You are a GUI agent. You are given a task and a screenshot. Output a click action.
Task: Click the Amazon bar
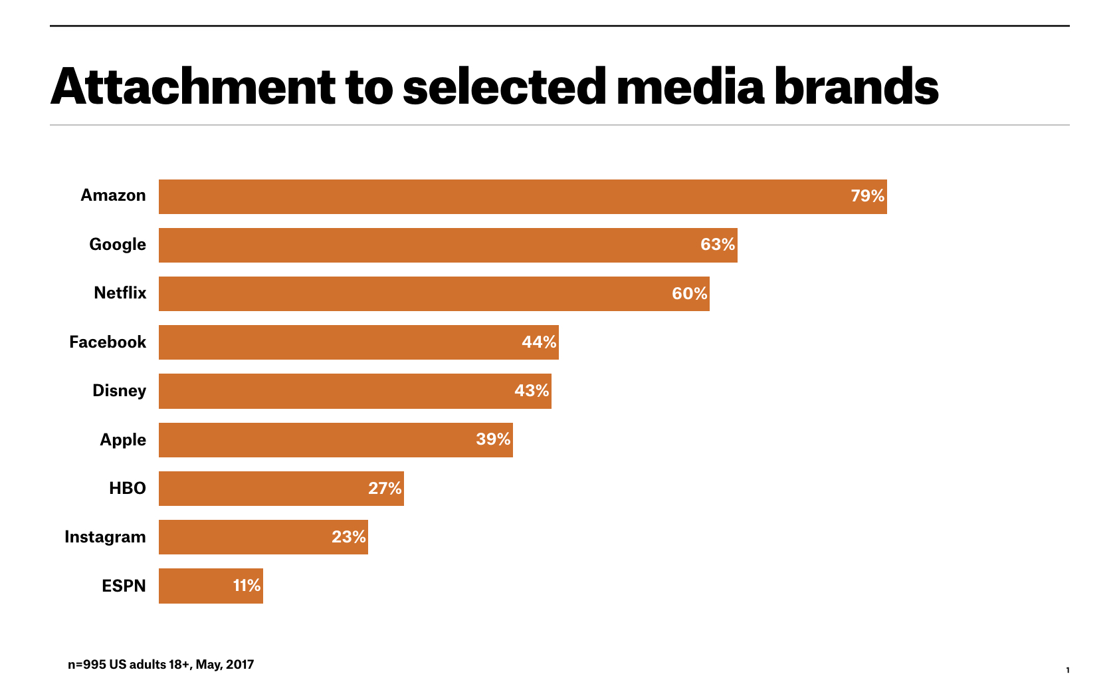pyautogui.click(x=522, y=197)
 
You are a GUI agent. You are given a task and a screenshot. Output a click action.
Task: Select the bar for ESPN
pyautogui.click(x=211, y=586)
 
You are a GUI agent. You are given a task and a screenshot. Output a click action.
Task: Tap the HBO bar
pyautogui.click(x=281, y=489)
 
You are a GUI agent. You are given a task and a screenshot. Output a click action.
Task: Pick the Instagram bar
pyautogui.click(x=263, y=537)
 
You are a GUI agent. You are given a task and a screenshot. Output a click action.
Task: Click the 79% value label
pyautogui.click(x=867, y=196)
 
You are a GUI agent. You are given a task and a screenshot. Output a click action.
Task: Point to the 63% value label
pyautogui.click(x=717, y=245)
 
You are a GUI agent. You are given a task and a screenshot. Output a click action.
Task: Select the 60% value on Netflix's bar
pyautogui.click(x=689, y=294)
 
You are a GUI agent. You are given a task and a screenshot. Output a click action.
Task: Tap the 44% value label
pyautogui.click(x=538, y=342)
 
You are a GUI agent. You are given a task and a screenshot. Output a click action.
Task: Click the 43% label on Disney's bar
pyautogui.click(x=531, y=391)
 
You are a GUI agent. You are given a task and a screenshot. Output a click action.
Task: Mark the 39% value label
pyautogui.click(x=493, y=439)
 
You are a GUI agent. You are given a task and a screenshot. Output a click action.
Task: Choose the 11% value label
pyautogui.click(x=247, y=586)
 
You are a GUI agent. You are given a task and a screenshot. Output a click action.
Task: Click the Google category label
pyautogui.click(x=118, y=245)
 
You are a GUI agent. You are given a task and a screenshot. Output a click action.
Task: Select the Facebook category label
pyautogui.click(x=108, y=342)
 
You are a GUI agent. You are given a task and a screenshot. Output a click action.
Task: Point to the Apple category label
pyautogui.click(x=123, y=440)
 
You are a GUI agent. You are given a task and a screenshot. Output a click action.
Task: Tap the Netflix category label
pyautogui.click(x=120, y=293)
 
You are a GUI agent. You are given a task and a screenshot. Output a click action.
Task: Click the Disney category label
pyautogui.click(x=119, y=391)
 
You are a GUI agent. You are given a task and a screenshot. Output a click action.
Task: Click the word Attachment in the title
pyautogui.click(x=193, y=87)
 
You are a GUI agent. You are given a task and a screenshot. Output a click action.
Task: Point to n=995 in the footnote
pyautogui.click(x=86, y=665)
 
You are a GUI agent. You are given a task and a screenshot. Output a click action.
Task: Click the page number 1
pyautogui.click(x=1068, y=670)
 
